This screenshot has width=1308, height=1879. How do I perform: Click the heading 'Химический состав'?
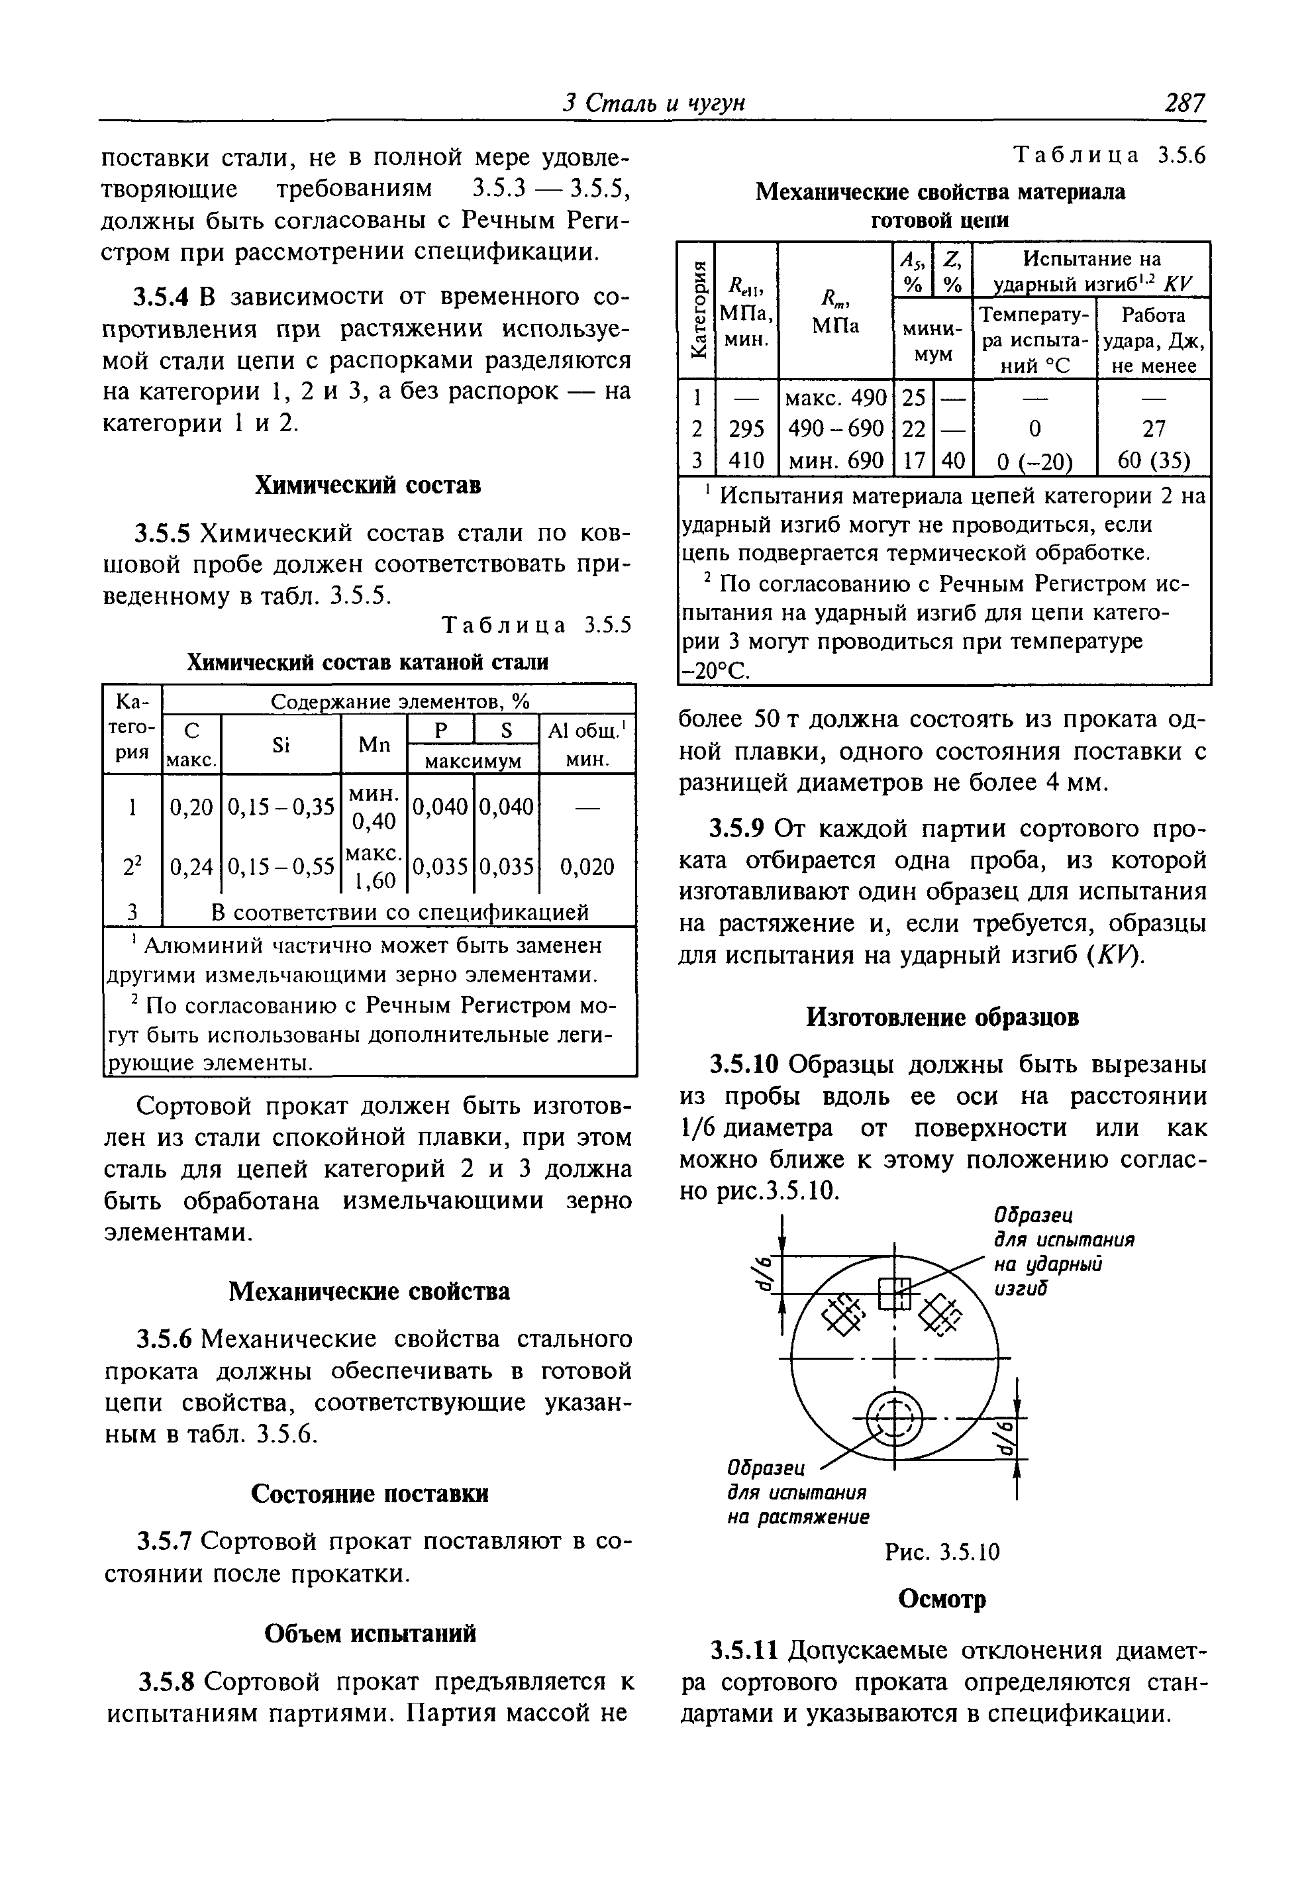click(368, 485)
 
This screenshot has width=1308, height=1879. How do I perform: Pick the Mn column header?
click(374, 744)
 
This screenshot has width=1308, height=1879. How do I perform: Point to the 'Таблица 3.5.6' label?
click(1110, 156)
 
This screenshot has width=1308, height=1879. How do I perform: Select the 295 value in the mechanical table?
click(746, 429)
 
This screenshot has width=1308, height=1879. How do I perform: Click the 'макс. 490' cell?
click(836, 398)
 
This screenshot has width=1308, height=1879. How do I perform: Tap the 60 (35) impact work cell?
click(1153, 461)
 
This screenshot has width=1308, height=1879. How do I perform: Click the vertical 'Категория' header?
click(697, 309)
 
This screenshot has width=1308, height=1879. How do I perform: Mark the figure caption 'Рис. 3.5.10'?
click(943, 1552)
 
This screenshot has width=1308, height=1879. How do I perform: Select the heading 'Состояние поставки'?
click(369, 1494)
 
